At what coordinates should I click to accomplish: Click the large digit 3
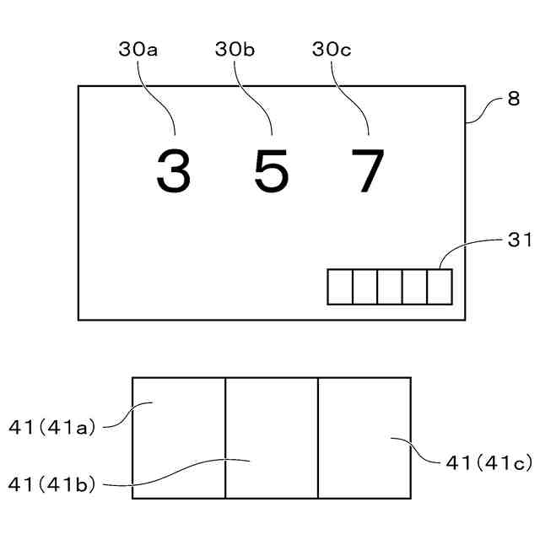173,171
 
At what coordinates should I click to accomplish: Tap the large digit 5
271,171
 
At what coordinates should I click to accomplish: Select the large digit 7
369,171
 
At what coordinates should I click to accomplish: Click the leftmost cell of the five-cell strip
340,286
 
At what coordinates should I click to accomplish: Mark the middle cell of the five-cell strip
390,286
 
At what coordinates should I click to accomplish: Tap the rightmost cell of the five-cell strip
440,286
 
